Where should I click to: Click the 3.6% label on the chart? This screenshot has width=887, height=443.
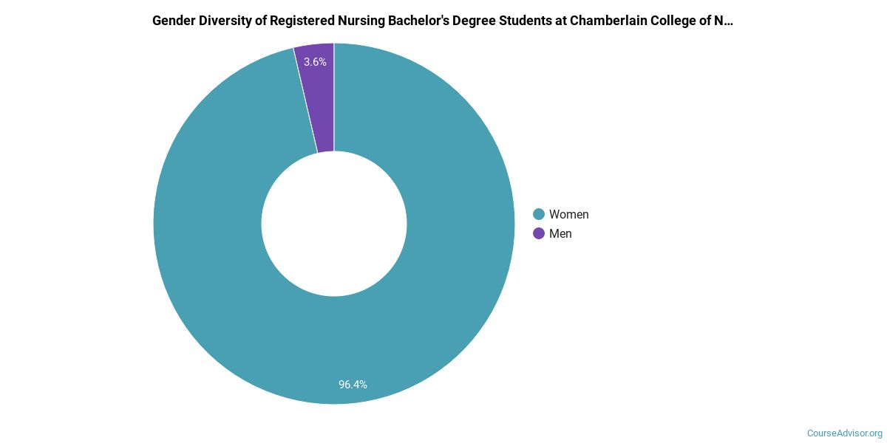pos(315,62)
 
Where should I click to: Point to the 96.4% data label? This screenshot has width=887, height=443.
pos(353,384)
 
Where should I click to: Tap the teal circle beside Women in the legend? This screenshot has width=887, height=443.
pos(539,214)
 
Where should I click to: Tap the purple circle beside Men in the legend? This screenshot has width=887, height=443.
pos(539,233)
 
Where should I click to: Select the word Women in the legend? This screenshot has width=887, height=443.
pos(568,214)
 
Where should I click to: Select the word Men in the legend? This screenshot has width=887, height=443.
pos(560,233)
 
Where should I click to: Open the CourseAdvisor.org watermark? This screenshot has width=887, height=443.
pos(844,433)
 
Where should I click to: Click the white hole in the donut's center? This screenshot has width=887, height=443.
pos(334,224)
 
